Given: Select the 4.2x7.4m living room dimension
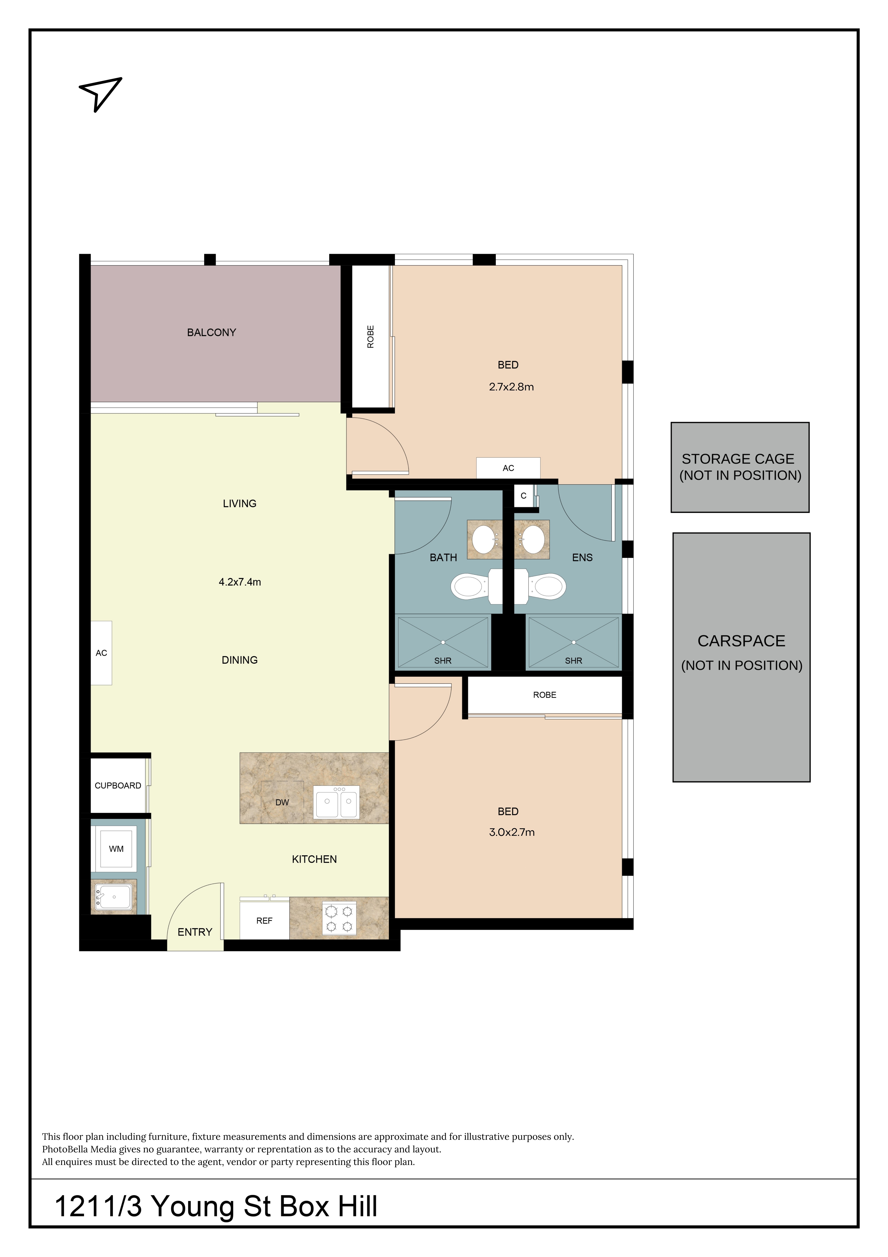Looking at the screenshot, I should (x=240, y=582).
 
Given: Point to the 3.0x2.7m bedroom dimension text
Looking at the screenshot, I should (x=512, y=832).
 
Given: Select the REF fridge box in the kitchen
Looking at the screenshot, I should (x=264, y=921).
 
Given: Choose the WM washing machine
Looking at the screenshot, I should (x=116, y=849).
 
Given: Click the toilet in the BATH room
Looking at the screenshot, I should (x=469, y=586).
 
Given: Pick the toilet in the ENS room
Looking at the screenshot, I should (x=547, y=586).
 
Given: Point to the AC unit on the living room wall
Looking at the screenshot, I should (x=101, y=653).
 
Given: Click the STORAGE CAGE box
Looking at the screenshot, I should (x=740, y=467).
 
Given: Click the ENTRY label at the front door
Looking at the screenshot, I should (x=195, y=932).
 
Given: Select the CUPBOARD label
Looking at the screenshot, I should (x=118, y=786).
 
